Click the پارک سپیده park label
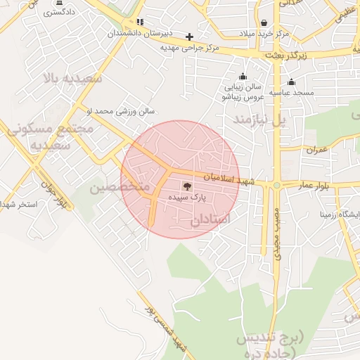click(x=186, y=199)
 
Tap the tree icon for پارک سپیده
click(x=186, y=186)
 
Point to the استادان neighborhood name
click(x=210, y=219)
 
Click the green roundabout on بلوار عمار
click(x=276, y=186)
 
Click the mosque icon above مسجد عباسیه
click(x=291, y=82)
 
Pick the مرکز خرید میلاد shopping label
click(x=264, y=33)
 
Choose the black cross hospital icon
click(x=188, y=37)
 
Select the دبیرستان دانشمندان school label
click(x=139, y=33)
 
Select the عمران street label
click(x=316, y=150)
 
